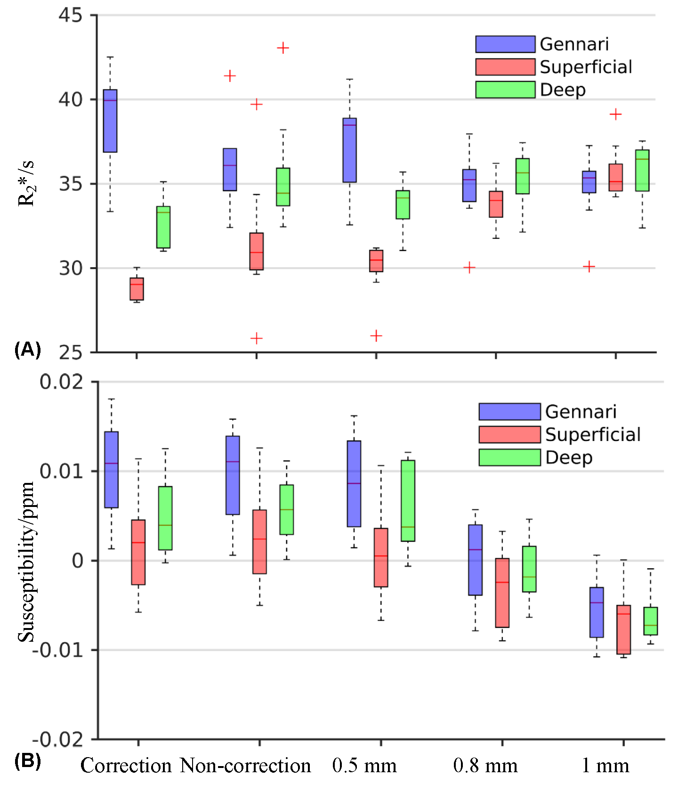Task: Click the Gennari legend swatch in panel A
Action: point(505,44)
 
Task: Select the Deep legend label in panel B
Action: point(569,457)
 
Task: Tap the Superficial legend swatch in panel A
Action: point(505,67)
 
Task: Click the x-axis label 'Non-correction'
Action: point(245,766)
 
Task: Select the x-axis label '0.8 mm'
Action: point(485,766)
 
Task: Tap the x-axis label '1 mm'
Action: point(605,766)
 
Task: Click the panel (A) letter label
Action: point(28,350)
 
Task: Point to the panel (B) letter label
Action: point(28,761)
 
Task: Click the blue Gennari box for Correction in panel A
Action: point(110,121)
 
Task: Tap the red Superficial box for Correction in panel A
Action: point(137,289)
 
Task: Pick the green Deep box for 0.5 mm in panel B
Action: point(408,501)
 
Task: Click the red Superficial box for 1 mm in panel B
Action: point(623,629)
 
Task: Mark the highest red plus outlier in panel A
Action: point(283,48)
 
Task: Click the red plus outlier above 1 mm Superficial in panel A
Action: point(615,114)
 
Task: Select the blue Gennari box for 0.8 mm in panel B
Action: point(475,560)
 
